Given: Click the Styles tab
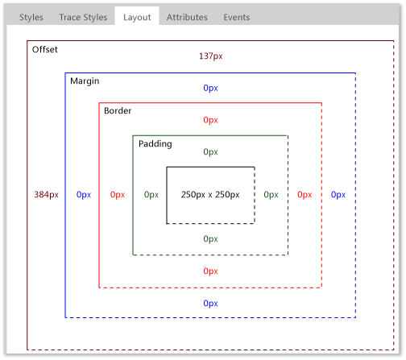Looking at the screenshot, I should tap(31, 17).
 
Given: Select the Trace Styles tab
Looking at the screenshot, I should tap(83, 17).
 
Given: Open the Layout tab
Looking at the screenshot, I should tap(137, 17).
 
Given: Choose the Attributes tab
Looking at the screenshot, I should tap(187, 17).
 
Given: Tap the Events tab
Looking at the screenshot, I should tap(236, 17).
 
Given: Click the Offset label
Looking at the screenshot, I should tap(44, 50).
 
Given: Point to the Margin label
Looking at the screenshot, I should tap(85, 81).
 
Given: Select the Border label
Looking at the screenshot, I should tap(118, 110).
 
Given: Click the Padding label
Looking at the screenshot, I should tap(155, 144).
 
